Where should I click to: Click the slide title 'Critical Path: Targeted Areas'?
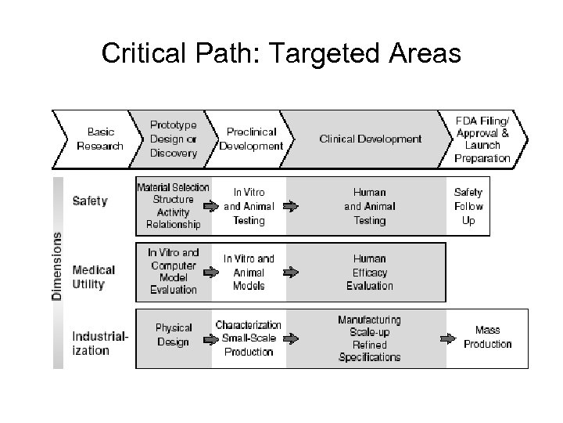coord(281,53)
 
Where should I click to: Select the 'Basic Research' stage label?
coord(100,139)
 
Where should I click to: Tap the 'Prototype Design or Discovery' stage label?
coord(173,139)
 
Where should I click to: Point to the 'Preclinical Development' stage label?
coord(251,139)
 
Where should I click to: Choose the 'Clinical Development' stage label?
coord(370,139)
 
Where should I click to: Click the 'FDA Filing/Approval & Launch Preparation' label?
coord(482,139)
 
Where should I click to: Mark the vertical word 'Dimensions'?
coord(57,265)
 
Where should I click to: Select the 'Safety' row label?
coord(90,201)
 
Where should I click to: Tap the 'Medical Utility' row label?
coord(94,277)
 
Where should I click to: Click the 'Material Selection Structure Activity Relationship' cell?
coord(173,206)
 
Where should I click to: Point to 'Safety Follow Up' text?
coord(468,206)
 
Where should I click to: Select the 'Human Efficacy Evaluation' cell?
coord(370,272)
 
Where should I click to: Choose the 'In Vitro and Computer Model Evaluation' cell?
coord(173,271)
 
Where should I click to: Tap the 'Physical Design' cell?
coord(173,334)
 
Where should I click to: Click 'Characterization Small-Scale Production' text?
coord(249,338)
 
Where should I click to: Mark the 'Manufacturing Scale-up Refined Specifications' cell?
coord(370,338)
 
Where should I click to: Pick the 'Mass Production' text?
coord(487,337)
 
